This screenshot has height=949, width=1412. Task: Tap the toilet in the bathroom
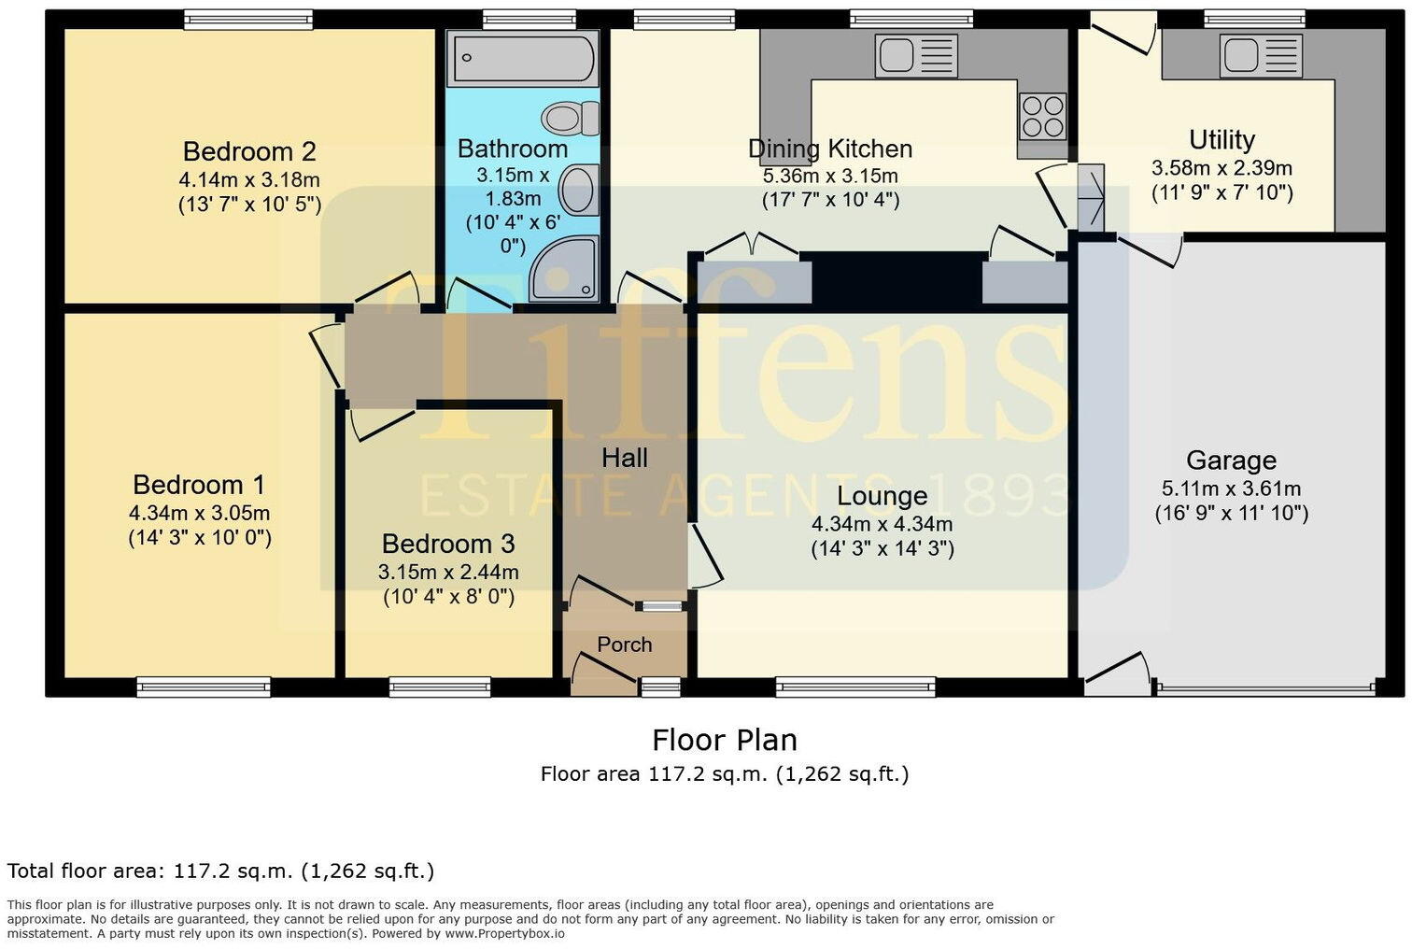coord(569,119)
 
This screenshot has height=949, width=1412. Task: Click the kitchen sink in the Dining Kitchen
coord(916,56)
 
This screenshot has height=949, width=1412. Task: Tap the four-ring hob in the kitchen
coord(1042,117)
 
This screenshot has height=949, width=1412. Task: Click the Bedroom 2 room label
coord(249,151)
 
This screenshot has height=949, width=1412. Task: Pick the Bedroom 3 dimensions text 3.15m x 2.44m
coord(448,572)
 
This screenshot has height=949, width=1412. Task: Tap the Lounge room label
coord(882,496)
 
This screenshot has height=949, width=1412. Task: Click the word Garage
coord(1231,460)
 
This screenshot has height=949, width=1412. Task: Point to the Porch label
coord(624,644)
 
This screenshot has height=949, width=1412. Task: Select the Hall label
coord(624,458)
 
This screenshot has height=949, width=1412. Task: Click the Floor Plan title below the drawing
coord(725,740)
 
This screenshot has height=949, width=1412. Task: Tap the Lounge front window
coord(855,688)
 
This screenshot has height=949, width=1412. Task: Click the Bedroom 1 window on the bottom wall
coord(204,688)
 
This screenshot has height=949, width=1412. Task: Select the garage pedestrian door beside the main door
coord(1117,676)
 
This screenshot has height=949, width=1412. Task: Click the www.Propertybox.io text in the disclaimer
coord(504,933)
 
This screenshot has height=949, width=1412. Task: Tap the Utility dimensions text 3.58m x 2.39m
coord(1221,168)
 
